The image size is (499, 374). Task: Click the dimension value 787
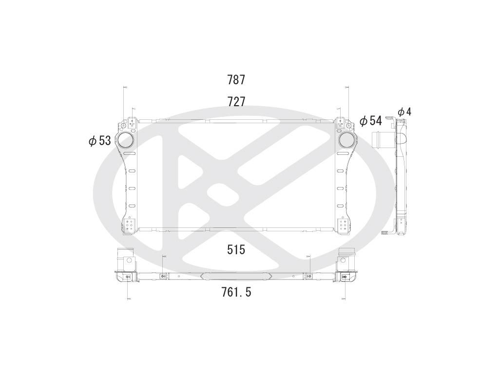[236, 80]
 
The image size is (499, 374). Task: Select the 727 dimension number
[236, 102]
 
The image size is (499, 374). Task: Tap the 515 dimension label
[236, 250]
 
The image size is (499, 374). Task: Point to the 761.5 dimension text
[236, 292]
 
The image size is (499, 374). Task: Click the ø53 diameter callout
[100, 141]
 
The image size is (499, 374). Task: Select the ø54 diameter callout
[370, 121]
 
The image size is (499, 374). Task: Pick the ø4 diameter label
[404, 112]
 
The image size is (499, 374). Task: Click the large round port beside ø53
[125, 140]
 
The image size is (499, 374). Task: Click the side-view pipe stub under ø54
[382, 138]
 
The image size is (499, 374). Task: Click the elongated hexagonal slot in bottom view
[236, 276]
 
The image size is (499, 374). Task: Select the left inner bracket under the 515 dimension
[163, 276]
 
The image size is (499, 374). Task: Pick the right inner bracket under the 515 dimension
[308, 276]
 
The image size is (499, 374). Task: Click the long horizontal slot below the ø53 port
[130, 153]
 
